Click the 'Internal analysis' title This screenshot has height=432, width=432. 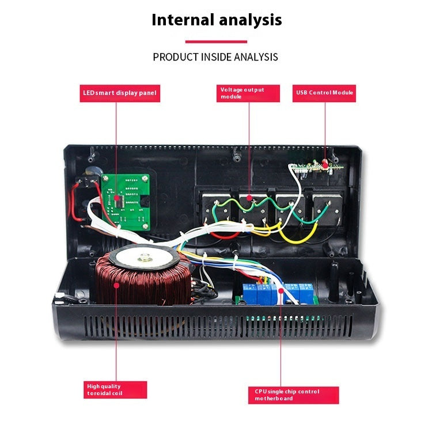216,20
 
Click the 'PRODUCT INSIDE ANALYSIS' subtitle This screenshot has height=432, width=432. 215,57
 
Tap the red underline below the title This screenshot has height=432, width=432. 216,41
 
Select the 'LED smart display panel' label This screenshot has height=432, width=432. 118,93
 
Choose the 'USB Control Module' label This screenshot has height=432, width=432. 325,93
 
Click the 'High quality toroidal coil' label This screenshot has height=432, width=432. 114,389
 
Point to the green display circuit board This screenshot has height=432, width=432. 126,199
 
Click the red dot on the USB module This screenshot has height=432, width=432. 325,165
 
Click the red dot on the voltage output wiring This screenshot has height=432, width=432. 250,198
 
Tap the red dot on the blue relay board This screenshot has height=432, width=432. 282,291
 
